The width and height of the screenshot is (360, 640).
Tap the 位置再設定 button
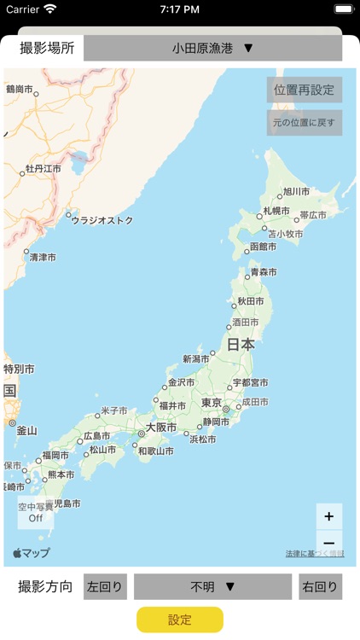(305, 90)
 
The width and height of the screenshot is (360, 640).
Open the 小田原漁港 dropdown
(213, 48)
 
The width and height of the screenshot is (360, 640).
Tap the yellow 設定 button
(180, 620)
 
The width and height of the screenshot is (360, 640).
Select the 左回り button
(105, 587)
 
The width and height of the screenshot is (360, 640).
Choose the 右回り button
(321, 587)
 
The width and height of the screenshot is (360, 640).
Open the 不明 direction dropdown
(213, 587)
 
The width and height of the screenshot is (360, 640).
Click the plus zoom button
(329, 516)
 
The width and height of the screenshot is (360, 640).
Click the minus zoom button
(329, 543)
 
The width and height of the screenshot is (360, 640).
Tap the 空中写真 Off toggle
(36, 512)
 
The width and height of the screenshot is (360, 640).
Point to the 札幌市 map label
(276, 210)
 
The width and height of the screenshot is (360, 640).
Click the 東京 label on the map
(212, 403)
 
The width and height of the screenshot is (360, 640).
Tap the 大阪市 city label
(161, 427)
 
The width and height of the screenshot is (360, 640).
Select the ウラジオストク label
(102, 220)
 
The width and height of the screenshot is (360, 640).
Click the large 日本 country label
(241, 345)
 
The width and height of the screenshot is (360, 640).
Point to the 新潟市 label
(196, 359)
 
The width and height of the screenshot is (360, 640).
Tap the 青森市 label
(264, 272)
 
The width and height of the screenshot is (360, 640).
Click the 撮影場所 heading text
(47, 48)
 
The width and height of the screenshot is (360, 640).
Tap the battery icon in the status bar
(343, 9)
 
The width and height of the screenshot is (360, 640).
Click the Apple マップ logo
(32, 553)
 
